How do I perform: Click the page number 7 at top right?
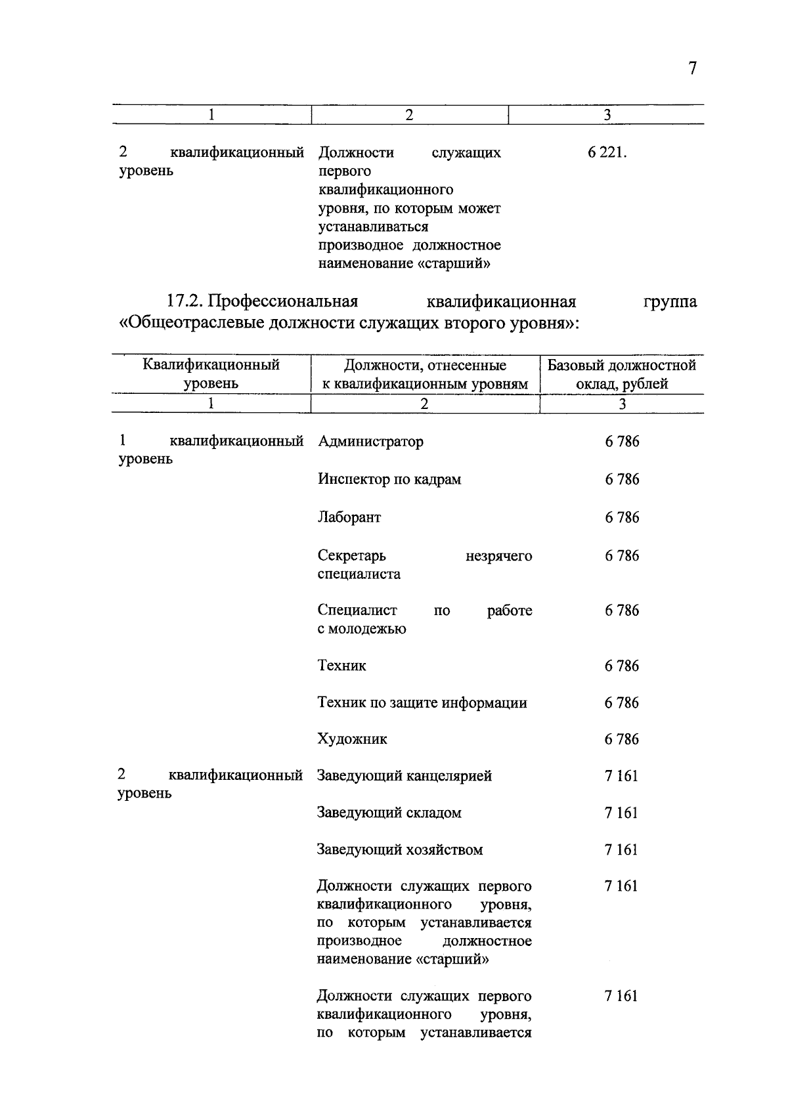(692, 69)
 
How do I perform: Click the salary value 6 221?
(607, 153)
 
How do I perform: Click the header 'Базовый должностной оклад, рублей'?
(622, 374)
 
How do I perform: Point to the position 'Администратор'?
(370, 442)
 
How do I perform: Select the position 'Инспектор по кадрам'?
(389, 480)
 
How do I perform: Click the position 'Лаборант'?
(349, 517)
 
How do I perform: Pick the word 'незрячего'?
(499, 557)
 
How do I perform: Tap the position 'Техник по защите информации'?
(422, 703)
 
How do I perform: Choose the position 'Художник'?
(353, 740)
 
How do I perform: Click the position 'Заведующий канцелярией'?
(405, 777)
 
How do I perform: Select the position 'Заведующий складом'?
(389, 813)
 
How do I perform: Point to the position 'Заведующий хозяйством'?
(400, 850)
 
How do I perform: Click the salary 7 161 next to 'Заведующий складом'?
(621, 813)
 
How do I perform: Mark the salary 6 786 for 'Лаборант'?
(622, 517)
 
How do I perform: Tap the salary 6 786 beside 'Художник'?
(621, 740)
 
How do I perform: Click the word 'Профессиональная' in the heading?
(284, 302)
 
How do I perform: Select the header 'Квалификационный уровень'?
(211, 374)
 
